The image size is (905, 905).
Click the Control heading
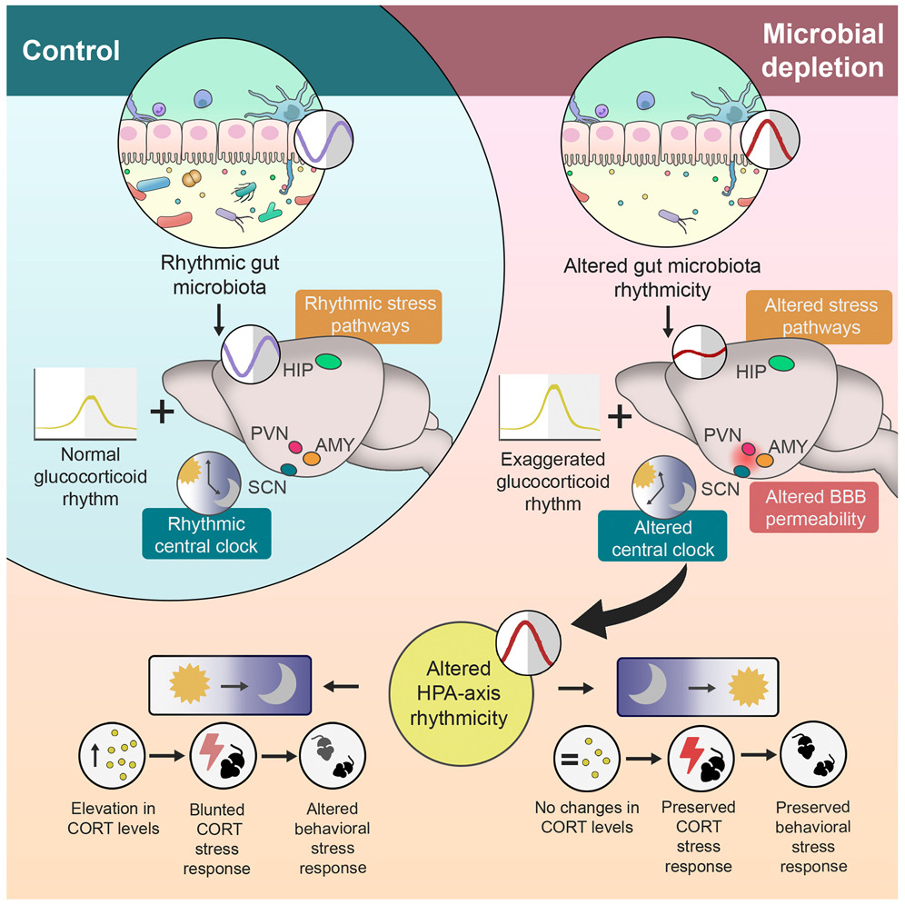pyautogui.click(x=71, y=49)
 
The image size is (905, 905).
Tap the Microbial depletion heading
pyautogui.click(x=821, y=51)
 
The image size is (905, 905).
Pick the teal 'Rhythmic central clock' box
pyautogui.click(x=205, y=535)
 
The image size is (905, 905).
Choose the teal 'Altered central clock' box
pyautogui.click(x=660, y=538)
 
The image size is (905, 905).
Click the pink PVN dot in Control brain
pyautogui.click(x=295, y=446)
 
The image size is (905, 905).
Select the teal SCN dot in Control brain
pyautogui.click(x=288, y=469)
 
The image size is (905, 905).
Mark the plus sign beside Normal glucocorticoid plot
pyautogui.click(x=162, y=413)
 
